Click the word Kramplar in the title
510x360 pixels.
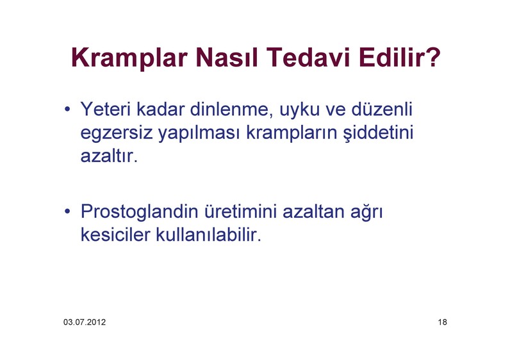[129, 58]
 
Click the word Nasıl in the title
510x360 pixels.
[227, 57]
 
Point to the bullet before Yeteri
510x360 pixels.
[67, 109]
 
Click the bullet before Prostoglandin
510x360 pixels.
[67, 211]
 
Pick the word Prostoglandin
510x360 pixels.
[139, 213]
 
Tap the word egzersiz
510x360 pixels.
[117, 134]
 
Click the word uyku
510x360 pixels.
[300, 110]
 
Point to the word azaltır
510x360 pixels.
[110, 156]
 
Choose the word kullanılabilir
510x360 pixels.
[208, 234]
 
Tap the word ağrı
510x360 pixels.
[366, 213]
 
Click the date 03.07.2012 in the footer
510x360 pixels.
[85, 322]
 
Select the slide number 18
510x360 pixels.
[442, 322]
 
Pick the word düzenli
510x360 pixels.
[382, 109]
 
